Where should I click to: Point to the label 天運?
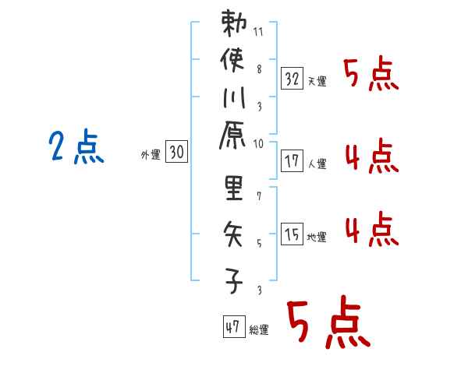317,81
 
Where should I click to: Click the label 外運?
150,155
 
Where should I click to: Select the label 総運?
259,330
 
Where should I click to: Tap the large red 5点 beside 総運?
326,324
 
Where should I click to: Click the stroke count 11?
259,33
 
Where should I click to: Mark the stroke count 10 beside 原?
259,143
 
